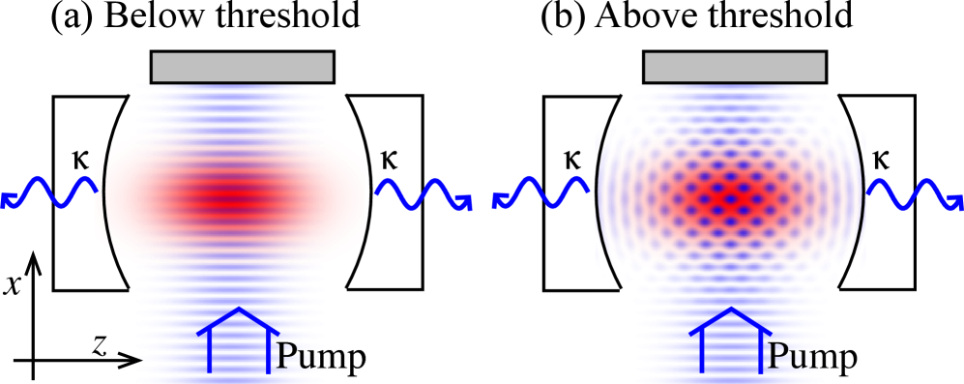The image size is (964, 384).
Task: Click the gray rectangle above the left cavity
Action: click(242, 68)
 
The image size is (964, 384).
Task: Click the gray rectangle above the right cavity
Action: click(734, 68)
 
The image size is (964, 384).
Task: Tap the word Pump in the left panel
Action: click(320, 357)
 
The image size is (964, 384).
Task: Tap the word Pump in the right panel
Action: click(812, 357)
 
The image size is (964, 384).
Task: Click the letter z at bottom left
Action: click(101, 346)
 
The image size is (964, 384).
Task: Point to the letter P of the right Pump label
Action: click(777, 357)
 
